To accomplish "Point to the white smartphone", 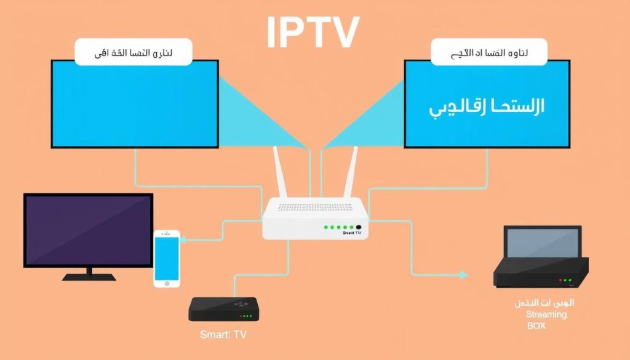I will click(x=166, y=258).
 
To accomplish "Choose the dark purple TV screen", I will click(x=88, y=230).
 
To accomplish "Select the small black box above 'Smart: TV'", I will click(x=222, y=308).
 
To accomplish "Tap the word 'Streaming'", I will click(x=546, y=314).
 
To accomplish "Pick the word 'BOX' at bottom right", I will click(x=536, y=325).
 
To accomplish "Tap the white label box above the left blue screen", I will click(x=133, y=52).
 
